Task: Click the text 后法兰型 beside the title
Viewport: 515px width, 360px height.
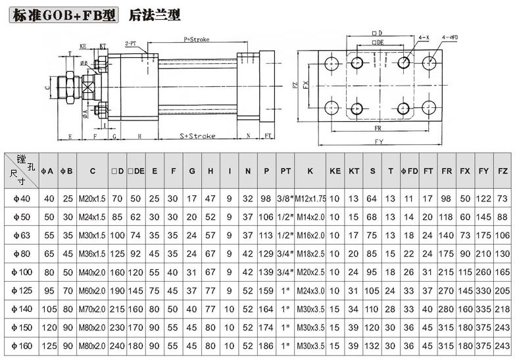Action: (155, 14)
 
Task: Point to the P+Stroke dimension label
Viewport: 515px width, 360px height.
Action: (196, 39)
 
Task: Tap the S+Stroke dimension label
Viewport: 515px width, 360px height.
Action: (198, 136)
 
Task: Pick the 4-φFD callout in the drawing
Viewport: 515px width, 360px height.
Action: (451, 38)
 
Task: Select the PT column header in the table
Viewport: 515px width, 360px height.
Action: (285, 170)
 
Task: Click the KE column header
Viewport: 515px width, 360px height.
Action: (335, 170)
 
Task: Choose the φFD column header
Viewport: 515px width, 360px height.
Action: (409, 170)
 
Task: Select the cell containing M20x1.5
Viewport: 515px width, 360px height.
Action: (93, 198)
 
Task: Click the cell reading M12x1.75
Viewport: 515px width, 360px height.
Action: (310, 198)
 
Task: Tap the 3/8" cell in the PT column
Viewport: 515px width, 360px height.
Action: (285, 198)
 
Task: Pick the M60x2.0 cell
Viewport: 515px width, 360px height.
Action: (93, 290)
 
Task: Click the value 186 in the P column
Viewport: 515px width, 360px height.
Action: (266, 345)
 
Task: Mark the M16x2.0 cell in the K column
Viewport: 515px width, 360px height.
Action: (310, 235)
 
